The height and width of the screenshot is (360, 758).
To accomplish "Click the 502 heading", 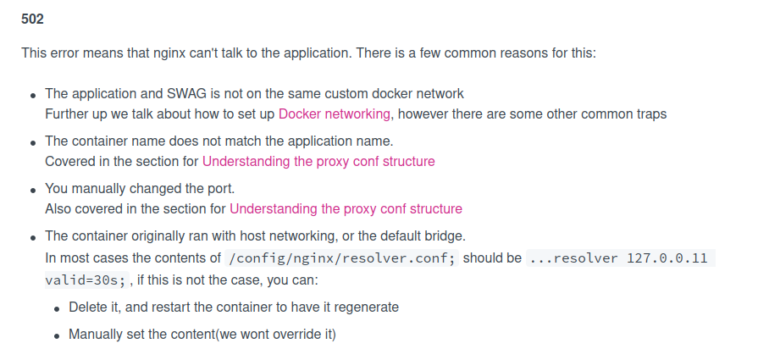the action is click(32, 19).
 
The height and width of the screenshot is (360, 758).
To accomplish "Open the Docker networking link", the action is click(334, 114).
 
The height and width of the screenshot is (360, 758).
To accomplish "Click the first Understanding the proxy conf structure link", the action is click(318, 162).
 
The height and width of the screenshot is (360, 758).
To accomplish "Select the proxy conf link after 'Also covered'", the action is click(346, 208).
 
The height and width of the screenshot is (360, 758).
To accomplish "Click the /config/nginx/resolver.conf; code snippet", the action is click(342, 258).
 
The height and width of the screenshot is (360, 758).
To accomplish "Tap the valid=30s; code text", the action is click(86, 280).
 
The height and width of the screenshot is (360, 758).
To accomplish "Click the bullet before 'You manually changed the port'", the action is click(33, 191).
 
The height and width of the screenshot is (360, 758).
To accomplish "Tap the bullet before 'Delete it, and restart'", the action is click(57, 309).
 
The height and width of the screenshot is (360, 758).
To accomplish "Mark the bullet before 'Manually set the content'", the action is click(57, 336).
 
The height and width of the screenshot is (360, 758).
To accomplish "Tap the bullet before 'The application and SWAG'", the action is click(33, 96).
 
